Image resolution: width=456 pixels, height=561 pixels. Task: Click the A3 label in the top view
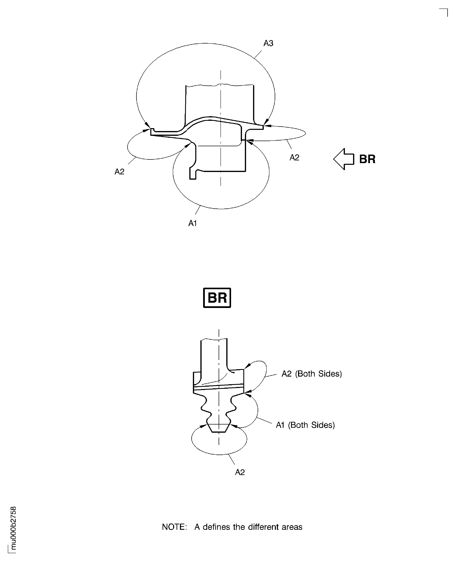click(268, 43)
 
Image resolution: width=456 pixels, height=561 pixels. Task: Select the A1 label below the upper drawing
click(193, 223)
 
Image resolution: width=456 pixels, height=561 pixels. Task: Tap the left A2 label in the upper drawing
click(119, 172)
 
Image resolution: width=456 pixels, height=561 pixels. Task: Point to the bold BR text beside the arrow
click(367, 159)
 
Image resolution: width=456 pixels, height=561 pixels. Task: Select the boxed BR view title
click(217, 298)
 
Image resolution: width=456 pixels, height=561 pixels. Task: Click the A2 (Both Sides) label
click(311, 374)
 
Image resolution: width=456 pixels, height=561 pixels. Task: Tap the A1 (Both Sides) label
click(305, 425)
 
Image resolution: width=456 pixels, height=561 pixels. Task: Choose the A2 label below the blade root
click(240, 472)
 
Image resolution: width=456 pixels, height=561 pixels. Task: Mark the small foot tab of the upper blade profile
click(193, 175)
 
